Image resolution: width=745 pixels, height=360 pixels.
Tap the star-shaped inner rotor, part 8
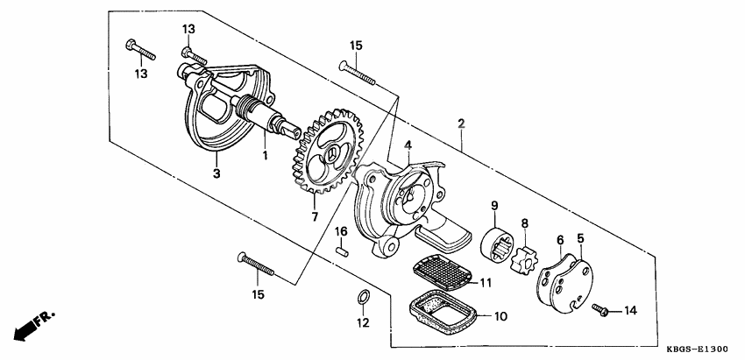click(524, 253)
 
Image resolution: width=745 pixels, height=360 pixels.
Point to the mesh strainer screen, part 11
click(446, 273)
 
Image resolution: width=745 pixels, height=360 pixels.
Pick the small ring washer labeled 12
click(362, 300)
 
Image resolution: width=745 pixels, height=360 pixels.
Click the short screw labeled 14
click(600, 309)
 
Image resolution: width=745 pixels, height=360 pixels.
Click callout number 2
click(460, 124)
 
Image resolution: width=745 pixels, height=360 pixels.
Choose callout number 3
click(216, 173)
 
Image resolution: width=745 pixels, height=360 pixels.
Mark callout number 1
click(263, 156)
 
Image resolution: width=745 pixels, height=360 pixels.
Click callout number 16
click(343, 231)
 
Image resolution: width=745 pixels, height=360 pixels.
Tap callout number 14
click(632, 311)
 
